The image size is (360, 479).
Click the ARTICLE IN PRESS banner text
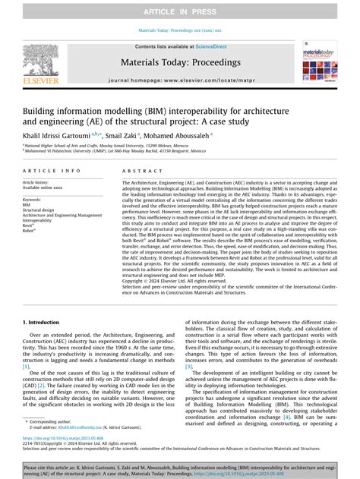[x=180, y=8]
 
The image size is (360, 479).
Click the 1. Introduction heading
[x=43, y=323]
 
